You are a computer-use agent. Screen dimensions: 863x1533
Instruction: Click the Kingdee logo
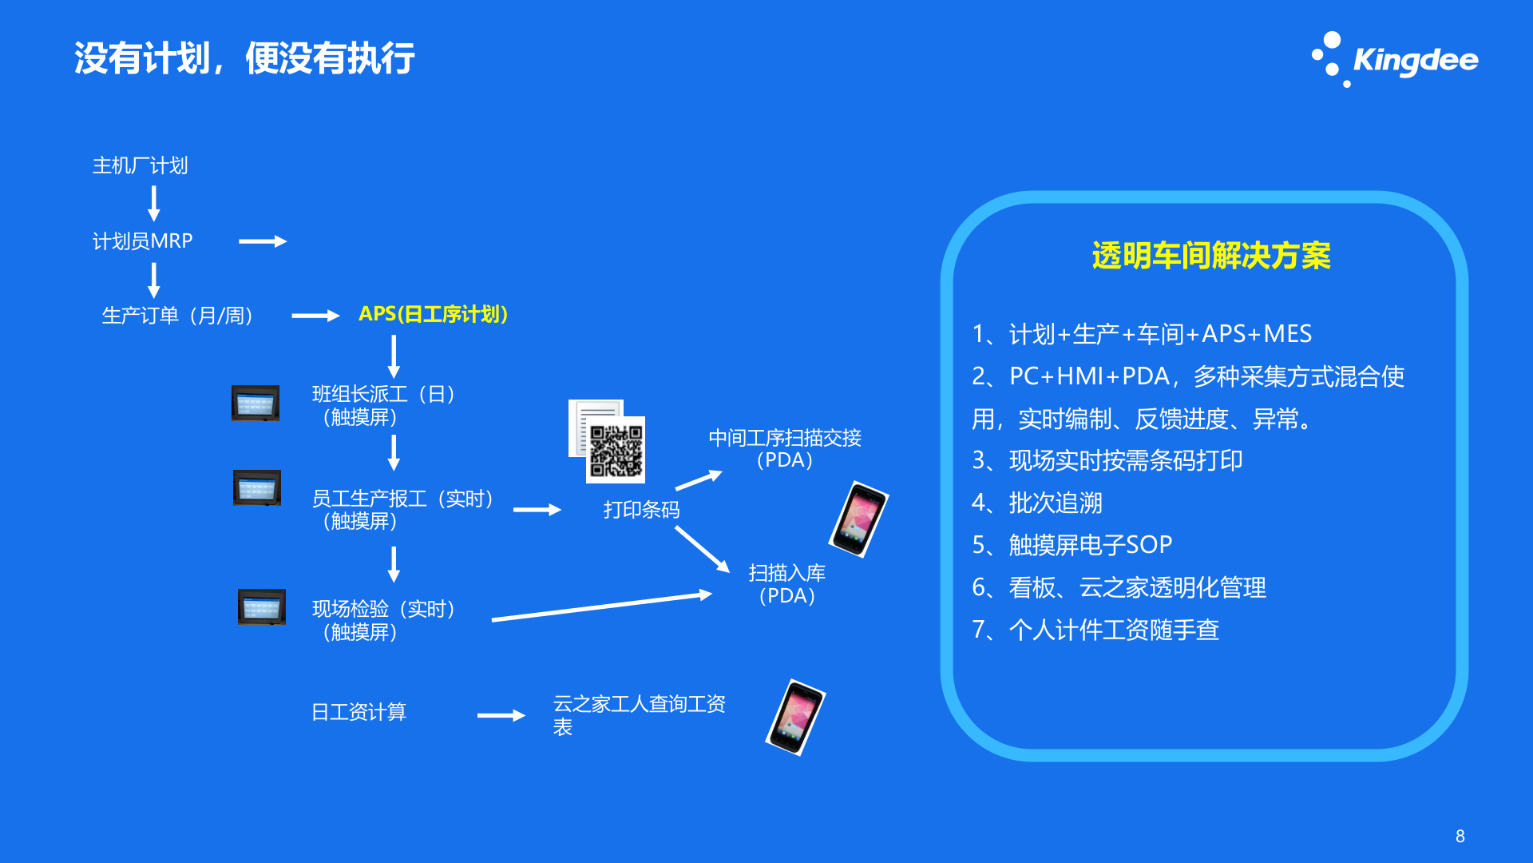tap(1396, 60)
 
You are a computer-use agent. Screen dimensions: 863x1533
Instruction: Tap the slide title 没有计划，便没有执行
tap(244, 58)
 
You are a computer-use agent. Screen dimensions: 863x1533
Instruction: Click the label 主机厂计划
tap(141, 165)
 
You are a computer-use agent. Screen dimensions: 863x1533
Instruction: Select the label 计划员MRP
tap(142, 241)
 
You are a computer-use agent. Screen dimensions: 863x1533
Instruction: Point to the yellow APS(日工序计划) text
tap(433, 314)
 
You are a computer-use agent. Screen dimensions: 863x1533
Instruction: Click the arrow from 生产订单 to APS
tap(315, 316)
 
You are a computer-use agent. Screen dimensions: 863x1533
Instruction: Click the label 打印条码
tap(641, 510)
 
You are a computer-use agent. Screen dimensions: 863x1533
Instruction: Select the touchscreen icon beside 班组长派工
tap(255, 403)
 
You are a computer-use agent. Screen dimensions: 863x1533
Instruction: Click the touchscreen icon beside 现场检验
tap(262, 607)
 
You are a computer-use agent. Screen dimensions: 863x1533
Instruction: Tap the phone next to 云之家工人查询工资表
tap(796, 717)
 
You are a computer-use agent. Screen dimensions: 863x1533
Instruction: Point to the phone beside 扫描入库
tap(859, 519)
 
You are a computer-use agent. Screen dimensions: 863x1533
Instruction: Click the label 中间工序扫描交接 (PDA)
tap(785, 448)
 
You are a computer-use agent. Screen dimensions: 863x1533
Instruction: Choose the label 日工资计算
tap(358, 712)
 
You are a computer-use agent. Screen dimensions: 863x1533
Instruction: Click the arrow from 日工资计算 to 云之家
tap(501, 716)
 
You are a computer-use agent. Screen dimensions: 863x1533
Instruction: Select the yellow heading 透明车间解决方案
tap(1210, 256)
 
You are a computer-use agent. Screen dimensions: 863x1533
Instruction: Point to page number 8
tap(1460, 836)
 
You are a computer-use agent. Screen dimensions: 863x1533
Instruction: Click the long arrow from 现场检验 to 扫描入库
tap(601, 606)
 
